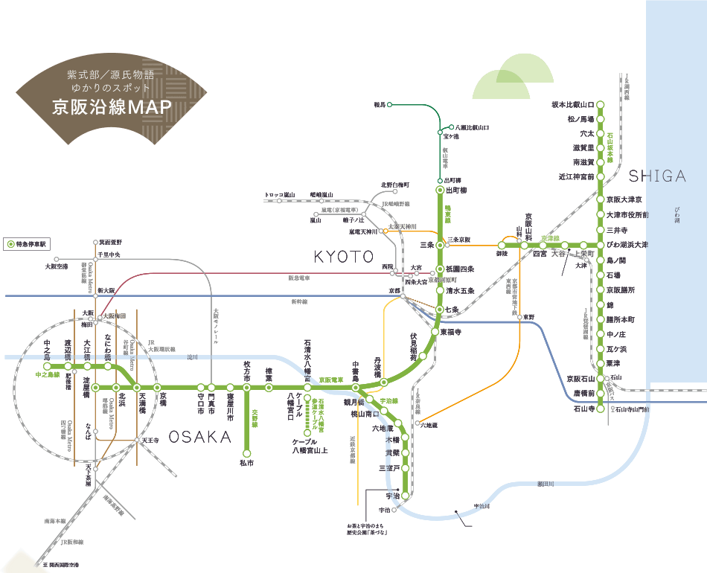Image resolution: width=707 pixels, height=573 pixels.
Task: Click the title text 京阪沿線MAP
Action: coord(112,106)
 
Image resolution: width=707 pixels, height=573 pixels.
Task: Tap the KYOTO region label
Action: coord(343,257)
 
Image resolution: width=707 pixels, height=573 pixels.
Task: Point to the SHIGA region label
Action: coord(656,176)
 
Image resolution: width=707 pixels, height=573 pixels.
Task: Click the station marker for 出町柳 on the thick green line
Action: coord(440,191)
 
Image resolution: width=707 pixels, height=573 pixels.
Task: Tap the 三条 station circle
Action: coord(440,245)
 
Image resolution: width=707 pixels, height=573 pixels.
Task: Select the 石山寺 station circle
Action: coord(601,409)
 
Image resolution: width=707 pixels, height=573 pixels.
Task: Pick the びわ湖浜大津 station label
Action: coord(628,245)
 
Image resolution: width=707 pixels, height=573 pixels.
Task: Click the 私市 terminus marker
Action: coord(247,452)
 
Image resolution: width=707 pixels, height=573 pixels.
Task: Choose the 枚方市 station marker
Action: coord(247,387)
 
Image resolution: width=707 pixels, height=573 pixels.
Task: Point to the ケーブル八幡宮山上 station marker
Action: coord(307,433)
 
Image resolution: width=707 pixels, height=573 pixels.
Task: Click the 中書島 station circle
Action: coord(356,387)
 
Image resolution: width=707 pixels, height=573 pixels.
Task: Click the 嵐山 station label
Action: coord(316,220)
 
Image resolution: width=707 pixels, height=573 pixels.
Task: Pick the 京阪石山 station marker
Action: coord(601,378)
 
